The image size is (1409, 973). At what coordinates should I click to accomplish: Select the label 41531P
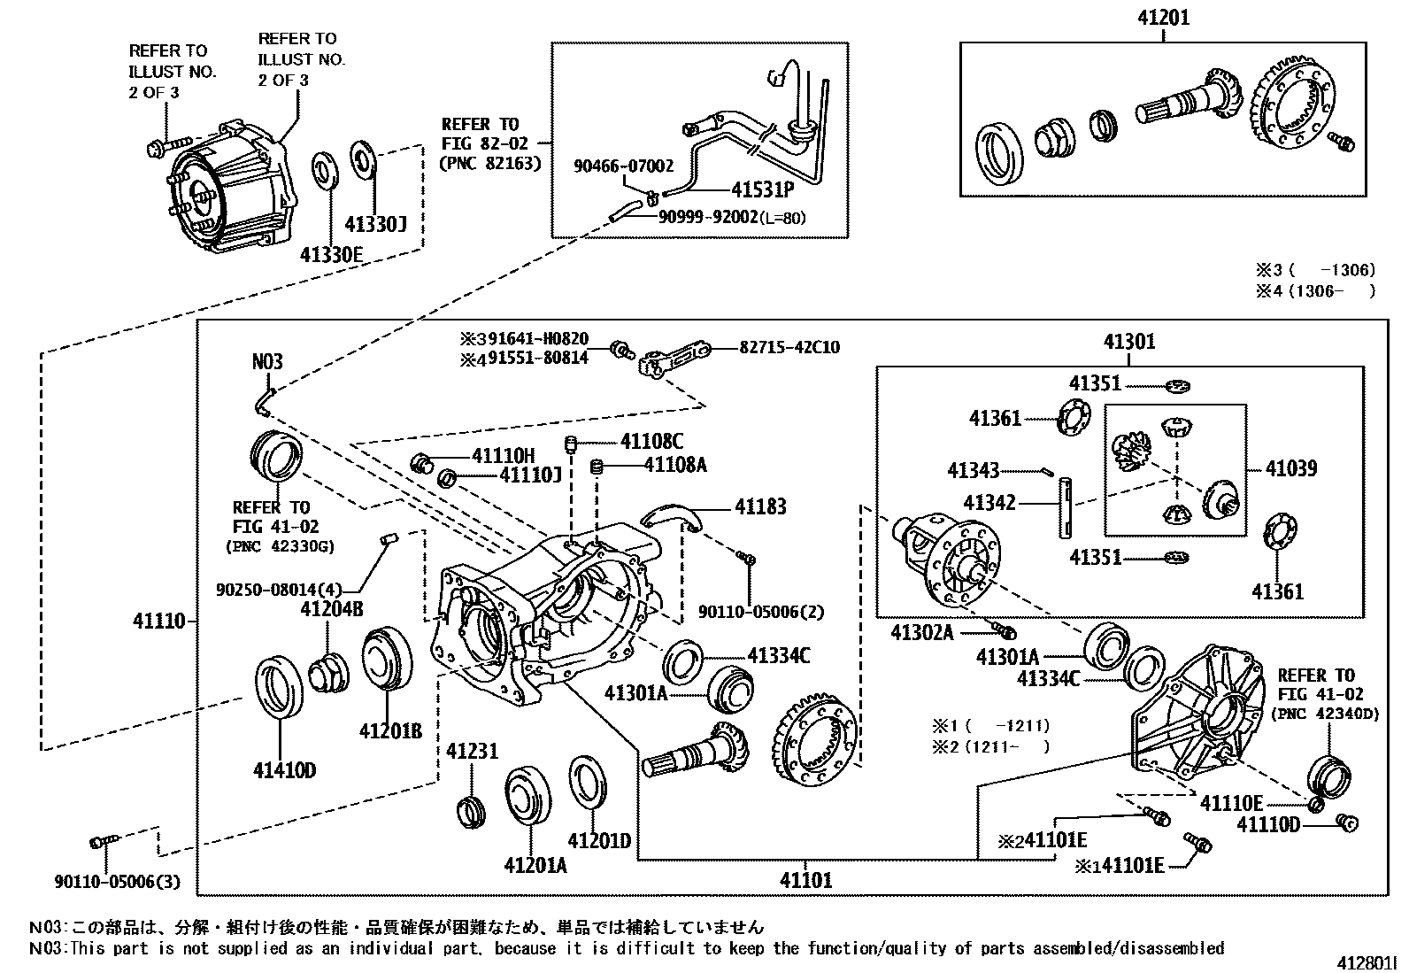pos(762,189)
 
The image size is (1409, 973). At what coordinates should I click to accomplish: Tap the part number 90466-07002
pos(623,166)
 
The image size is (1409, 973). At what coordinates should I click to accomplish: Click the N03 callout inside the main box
pos(267,361)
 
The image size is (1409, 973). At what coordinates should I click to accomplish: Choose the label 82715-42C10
pos(789,347)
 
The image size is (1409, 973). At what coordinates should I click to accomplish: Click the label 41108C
pos(651,442)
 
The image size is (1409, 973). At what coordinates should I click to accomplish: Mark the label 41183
pos(760,506)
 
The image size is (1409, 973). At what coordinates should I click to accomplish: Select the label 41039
pos(1290,468)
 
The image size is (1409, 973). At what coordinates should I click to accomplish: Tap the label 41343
pos(973,471)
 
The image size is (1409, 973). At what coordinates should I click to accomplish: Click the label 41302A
pos(922,632)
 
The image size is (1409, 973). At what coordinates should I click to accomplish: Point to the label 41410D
pos(284,770)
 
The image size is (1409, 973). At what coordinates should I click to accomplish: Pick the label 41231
pos(472,751)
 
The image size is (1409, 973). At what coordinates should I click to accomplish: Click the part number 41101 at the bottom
pos(805,880)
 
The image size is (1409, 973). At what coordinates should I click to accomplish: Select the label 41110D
pos(1267,825)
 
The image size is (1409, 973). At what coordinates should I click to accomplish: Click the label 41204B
pos(332,609)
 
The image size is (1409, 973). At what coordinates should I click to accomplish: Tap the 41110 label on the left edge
pos(159,621)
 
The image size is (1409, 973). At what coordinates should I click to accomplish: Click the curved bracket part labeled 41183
pos(669,514)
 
